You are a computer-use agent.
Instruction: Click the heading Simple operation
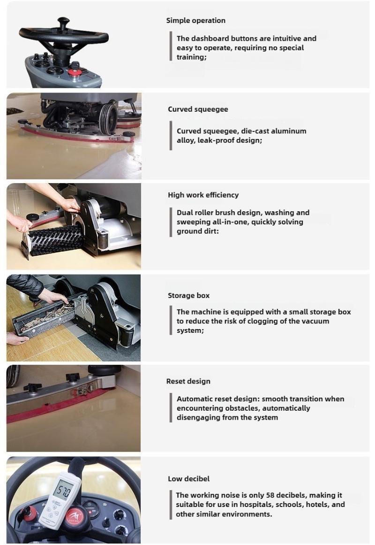click(x=196, y=21)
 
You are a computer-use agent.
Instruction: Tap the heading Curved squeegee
click(x=198, y=109)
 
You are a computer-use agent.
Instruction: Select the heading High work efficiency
click(x=203, y=195)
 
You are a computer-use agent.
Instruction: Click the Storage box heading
click(x=188, y=295)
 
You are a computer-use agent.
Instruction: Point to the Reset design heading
click(x=188, y=381)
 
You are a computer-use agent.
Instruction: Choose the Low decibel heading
click(x=188, y=479)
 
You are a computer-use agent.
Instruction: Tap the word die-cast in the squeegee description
click(x=254, y=131)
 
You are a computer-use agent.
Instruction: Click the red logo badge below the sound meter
click(x=74, y=515)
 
